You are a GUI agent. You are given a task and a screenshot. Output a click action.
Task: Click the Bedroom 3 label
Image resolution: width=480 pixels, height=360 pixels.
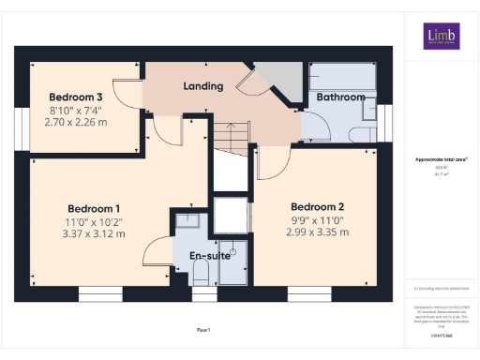(75, 97)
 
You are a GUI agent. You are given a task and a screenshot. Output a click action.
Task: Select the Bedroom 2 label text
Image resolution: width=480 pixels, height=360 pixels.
(318, 207)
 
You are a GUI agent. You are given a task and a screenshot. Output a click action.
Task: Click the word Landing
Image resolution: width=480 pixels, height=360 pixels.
(202, 86)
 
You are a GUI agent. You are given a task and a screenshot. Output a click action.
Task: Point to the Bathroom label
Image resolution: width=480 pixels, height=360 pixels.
(340, 97)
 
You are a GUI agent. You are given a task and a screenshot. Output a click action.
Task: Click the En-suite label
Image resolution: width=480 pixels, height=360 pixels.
(210, 254)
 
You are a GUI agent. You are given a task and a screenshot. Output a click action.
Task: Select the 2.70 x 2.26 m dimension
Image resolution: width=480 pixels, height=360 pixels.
(75, 122)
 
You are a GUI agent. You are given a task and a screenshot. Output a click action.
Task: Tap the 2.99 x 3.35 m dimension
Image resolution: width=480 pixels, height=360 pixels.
(318, 232)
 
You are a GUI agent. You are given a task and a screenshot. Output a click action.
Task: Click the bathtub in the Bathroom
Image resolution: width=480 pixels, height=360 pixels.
(343, 76)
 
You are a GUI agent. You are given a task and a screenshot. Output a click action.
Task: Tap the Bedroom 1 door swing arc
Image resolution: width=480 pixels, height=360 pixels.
(155, 253)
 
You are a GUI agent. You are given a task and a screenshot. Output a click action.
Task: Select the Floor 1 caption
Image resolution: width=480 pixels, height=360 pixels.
(203, 329)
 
